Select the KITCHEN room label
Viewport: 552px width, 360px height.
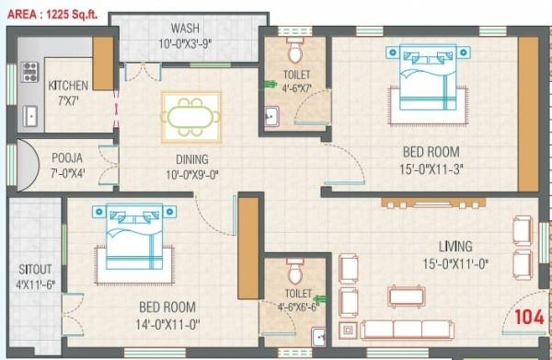[67, 87]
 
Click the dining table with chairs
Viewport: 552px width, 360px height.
[190, 116]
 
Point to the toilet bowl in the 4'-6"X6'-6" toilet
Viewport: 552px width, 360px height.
[294, 272]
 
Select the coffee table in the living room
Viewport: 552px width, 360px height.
[406, 296]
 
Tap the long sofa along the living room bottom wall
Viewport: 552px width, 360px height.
[410, 330]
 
